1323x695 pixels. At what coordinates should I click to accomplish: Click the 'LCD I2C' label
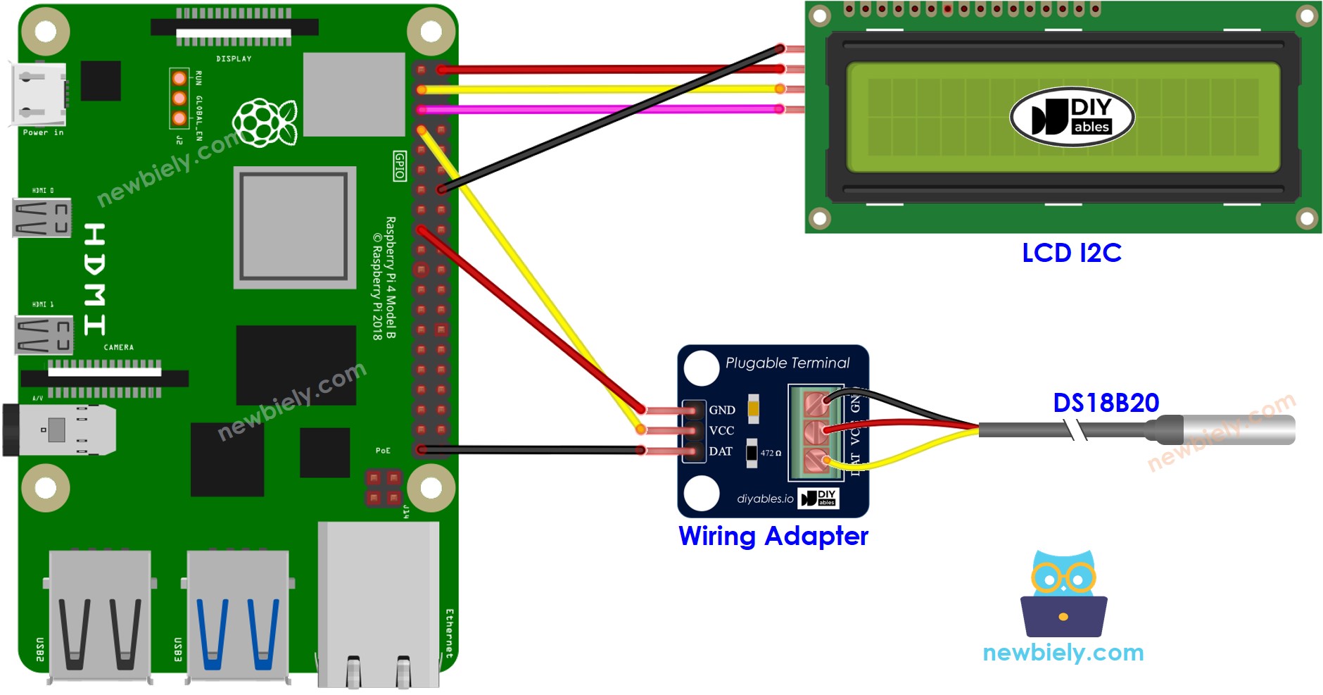point(1071,253)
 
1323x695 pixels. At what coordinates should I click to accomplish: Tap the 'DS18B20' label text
point(1106,403)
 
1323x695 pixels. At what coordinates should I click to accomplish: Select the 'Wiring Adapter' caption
point(773,536)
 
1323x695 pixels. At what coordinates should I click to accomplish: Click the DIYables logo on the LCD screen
point(1072,117)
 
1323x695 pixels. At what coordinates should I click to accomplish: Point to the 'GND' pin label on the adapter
point(721,410)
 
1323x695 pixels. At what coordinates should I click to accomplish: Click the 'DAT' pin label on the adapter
point(720,451)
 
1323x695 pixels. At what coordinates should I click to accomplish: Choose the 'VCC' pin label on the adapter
point(721,430)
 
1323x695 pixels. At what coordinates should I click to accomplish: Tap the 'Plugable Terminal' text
point(787,363)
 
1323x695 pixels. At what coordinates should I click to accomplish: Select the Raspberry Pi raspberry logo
point(265,123)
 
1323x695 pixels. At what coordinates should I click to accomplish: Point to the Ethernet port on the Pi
point(378,606)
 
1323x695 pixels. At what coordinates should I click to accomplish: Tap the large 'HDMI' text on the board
point(94,279)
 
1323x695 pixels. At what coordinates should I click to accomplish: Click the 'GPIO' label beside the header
point(399,166)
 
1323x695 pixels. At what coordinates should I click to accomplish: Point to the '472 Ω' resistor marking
point(770,453)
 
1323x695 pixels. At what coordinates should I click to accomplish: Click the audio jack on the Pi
point(60,430)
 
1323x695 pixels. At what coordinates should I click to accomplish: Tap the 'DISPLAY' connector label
point(234,58)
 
